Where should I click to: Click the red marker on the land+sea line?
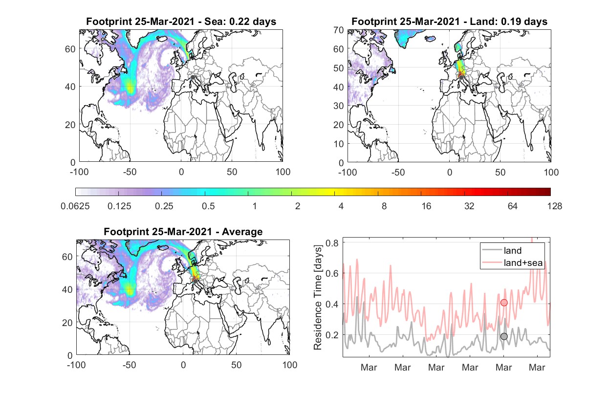pyautogui.click(x=504, y=303)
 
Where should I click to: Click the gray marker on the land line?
pyautogui.click(x=504, y=336)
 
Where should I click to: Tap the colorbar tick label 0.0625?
pyautogui.click(x=75, y=206)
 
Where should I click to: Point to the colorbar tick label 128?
pyautogui.click(x=554, y=206)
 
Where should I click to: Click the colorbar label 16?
pyautogui.click(x=426, y=206)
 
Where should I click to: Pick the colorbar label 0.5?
pyautogui.click(x=208, y=206)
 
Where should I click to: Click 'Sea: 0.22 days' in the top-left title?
pyautogui.click(x=240, y=22)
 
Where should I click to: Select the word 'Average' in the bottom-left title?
pyautogui.click(x=242, y=232)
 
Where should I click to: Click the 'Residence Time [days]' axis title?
pyautogui.click(x=318, y=298)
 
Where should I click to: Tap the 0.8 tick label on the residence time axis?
pyautogui.click(x=332, y=242)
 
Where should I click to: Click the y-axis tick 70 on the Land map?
pyautogui.click(x=339, y=30)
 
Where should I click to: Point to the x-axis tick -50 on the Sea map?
pyautogui.click(x=130, y=172)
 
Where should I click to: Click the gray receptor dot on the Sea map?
pyautogui.click(x=193, y=77)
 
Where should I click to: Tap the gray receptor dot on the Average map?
pyautogui.click(x=195, y=281)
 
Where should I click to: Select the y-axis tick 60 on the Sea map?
pyautogui.click(x=70, y=49)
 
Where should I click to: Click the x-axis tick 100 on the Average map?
pyautogui.click(x=289, y=365)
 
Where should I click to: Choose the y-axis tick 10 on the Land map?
pyautogui.click(x=339, y=144)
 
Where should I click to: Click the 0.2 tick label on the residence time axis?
pyautogui.click(x=332, y=335)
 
